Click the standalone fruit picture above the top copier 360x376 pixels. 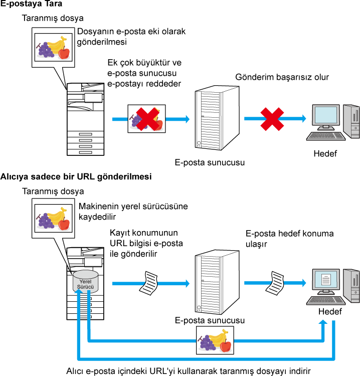point(53,47)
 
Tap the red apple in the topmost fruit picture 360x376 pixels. point(64,53)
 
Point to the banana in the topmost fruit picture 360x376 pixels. point(57,44)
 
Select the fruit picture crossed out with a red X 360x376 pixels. point(146,119)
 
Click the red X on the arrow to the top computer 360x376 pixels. point(272,119)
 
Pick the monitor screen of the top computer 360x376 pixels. point(325,115)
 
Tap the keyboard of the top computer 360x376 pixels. point(326,136)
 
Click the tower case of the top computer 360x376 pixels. point(352,121)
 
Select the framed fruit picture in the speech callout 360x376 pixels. point(53,218)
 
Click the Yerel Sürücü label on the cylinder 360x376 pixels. point(86,284)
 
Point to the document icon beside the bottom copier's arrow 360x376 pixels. point(149,283)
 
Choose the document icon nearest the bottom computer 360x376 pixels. point(275,283)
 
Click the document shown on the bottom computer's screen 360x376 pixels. point(326,280)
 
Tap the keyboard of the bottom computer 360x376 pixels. point(326,300)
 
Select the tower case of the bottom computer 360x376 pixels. point(352,286)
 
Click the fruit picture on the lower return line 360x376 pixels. point(215,340)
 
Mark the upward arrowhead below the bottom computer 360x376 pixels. point(323,322)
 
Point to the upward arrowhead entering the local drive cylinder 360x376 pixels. point(79,292)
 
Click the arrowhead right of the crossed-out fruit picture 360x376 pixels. point(187,119)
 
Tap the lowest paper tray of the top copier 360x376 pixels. point(85,152)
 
